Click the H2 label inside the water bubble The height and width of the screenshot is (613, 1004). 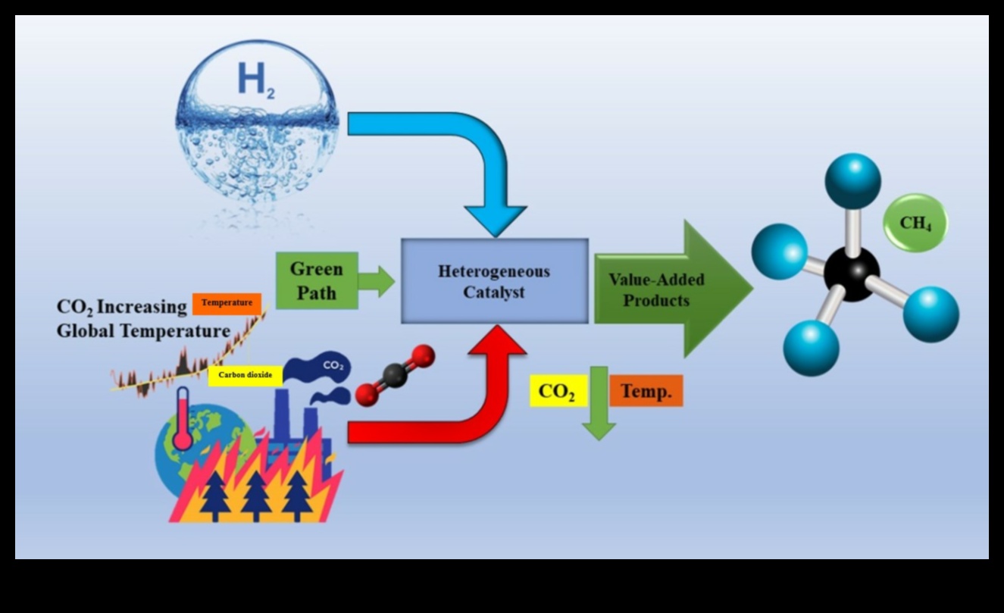(255, 80)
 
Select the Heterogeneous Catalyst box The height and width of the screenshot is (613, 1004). (494, 281)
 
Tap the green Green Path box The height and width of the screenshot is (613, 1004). (316, 280)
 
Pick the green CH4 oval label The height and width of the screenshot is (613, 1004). (915, 223)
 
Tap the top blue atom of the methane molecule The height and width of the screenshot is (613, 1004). (852, 180)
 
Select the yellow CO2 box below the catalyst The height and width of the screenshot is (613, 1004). (557, 391)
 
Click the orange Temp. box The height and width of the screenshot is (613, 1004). (646, 391)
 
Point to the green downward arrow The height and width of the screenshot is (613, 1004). (599, 409)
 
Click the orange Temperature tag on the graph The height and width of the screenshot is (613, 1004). (227, 303)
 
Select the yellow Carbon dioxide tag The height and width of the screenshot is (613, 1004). (244, 374)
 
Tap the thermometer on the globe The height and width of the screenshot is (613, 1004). (183, 421)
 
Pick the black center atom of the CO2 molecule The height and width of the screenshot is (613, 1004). (394, 375)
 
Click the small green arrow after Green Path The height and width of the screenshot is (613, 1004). (376, 281)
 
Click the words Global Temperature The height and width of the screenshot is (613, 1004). (143, 331)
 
